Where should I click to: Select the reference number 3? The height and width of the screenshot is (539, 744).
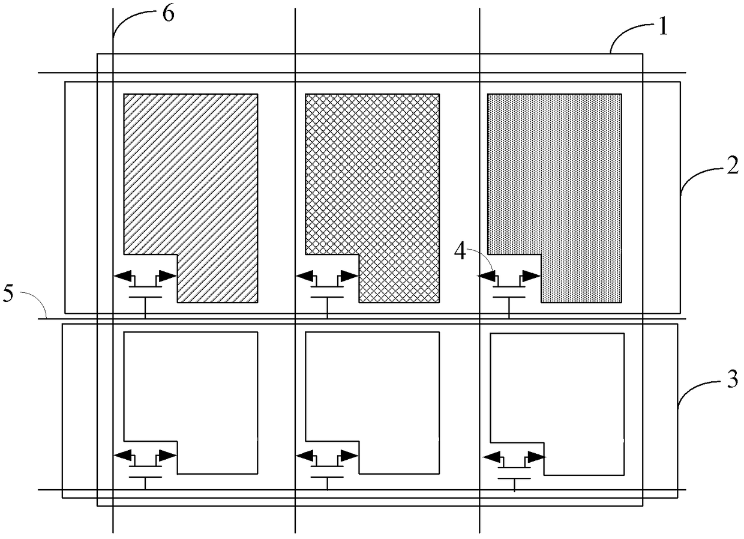click(x=732, y=381)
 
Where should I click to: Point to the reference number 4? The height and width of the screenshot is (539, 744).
click(x=460, y=252)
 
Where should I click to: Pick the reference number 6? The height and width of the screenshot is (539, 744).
click(x=169, y=13)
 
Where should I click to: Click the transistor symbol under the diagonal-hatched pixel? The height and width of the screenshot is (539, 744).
click(x=146, y=286)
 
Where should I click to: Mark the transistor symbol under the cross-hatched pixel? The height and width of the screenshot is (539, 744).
click(x=328, y=286)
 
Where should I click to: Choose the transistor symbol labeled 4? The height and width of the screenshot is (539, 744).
click(x=509, y=286)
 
